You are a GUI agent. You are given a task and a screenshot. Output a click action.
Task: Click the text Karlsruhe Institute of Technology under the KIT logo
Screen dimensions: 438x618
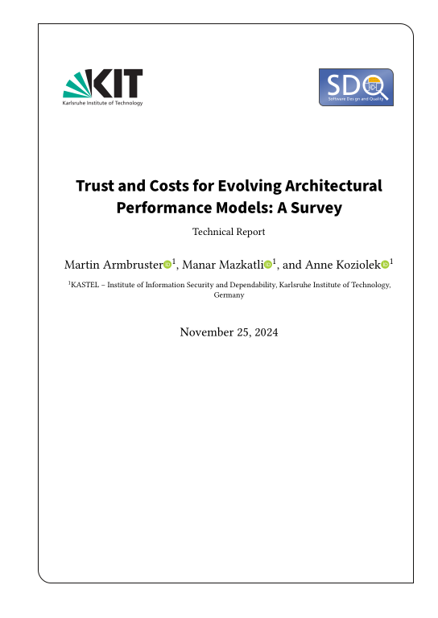102,104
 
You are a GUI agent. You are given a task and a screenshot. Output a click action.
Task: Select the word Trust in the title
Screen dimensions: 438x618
94,186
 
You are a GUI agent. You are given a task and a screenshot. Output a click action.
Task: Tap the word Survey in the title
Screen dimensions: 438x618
316,208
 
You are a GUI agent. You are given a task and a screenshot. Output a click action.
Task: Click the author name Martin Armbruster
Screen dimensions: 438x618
113,264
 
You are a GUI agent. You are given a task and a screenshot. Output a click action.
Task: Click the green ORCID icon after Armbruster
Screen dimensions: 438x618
167,264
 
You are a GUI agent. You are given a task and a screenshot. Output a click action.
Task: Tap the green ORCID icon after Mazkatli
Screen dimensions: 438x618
268,264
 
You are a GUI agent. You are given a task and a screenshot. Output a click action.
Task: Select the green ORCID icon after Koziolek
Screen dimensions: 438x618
385,264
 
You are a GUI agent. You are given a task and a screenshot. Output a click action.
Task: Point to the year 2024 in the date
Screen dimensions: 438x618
265,332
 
